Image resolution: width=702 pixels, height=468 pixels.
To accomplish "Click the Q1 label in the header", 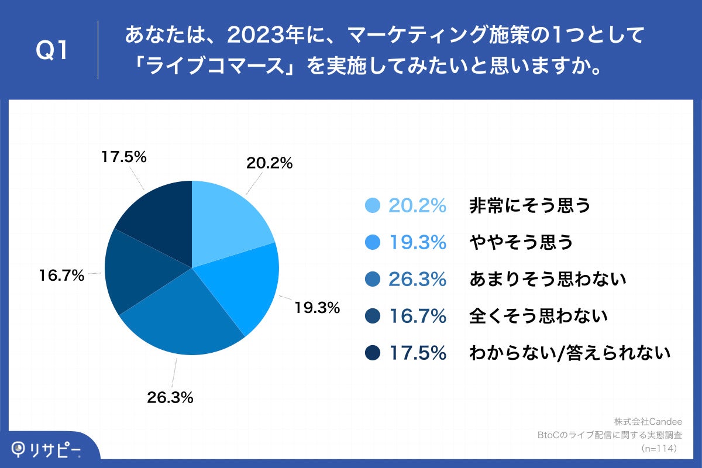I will pos(53,50).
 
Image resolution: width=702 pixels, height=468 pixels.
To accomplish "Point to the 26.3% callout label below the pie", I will pos(170,398).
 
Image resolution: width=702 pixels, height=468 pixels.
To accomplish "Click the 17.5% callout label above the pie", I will pos(123,157).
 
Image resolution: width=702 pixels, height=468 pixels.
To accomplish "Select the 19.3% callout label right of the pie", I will pos(316,308).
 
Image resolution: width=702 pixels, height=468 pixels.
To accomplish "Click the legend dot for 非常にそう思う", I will pos(372,205).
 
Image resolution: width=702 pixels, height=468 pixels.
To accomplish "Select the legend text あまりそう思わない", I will pos(548,279).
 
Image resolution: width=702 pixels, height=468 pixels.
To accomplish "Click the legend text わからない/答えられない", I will pos(569,353).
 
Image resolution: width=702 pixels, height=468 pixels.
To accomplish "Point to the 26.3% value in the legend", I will pos(418,279).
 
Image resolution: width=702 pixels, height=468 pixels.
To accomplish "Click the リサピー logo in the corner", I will pos(47,450).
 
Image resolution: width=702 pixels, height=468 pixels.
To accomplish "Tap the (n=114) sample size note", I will pos(659,449).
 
